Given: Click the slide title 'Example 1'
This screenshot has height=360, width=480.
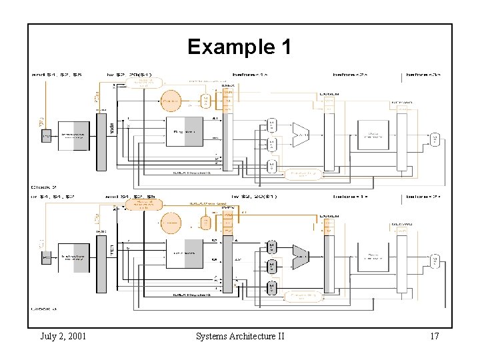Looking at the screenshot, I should [x=239, y=47].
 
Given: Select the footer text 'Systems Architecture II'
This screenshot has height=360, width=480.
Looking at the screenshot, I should [x=240, y=336].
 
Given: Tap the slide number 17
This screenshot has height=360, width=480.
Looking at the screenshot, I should [x=434, y=336].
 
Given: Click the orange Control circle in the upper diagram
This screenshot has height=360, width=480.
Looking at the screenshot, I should [x=171, y=101].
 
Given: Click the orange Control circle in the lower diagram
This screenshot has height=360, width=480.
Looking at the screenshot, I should [x=171, y=223].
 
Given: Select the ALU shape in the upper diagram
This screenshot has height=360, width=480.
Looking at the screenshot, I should [x=301, y=134].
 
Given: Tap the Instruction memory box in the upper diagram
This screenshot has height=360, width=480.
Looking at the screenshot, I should [x=74, y=135].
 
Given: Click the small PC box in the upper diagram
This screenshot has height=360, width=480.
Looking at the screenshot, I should [x=46, y=135].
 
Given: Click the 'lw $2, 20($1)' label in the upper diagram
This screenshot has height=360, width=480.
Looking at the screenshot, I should [x=130, y=74].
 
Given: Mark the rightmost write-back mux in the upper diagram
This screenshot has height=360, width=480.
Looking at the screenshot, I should [x=435, y=139].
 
